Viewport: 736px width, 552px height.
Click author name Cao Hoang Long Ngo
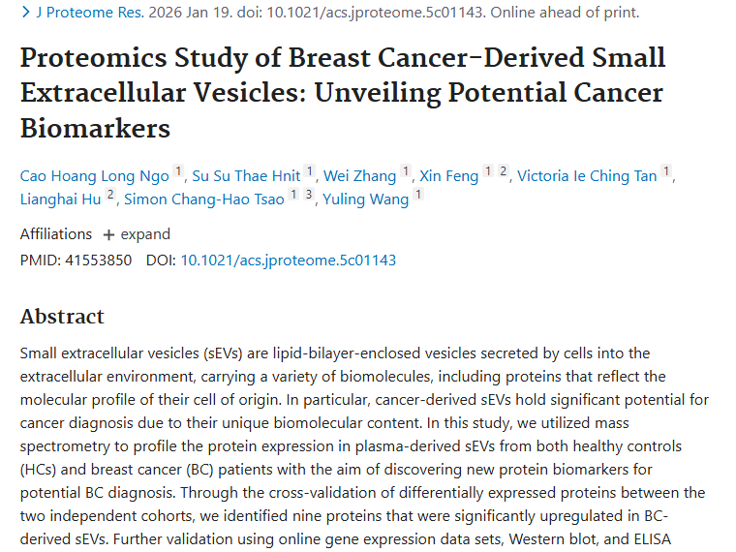point(95,175)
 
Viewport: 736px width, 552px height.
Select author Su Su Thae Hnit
point(246,175)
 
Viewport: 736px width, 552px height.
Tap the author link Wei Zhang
point(359,175)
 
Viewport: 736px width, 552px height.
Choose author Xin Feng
point(448,175)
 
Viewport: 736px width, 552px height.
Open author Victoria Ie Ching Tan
point(586,175)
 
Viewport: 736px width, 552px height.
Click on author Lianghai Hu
point(60,199)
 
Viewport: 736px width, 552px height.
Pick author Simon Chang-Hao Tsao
point(204,199)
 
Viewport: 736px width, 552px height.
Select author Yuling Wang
point(365,199)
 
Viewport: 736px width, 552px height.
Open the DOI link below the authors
point(288,260)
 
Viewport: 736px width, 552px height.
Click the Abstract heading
point(62,317)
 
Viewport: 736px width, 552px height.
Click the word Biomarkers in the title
point(95,127)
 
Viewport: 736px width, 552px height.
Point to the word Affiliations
point(56,234)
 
